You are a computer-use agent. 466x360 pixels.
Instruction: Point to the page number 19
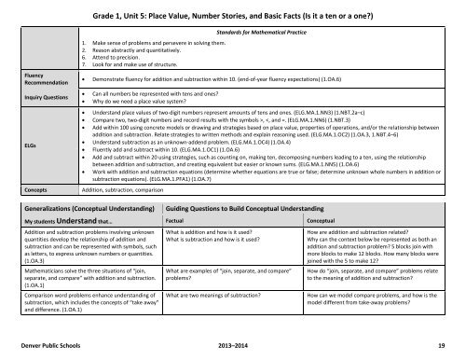tap(451, 343)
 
